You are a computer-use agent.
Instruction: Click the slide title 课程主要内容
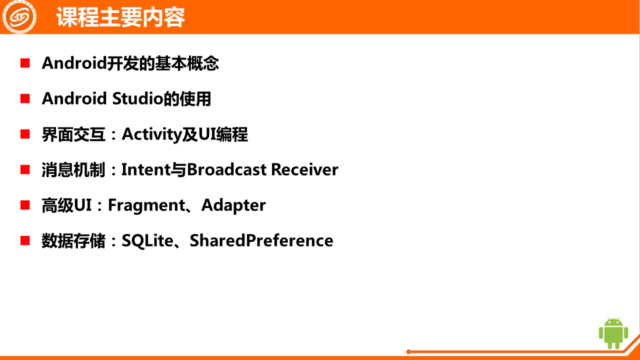point(120,17)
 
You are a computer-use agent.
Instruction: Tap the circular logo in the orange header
point(19,17)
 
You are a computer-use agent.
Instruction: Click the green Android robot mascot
point(613,333)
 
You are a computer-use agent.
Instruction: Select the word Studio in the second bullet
point(137,98)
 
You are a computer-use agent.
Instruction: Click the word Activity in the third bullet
point(151,134)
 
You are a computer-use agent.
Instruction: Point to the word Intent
point(146,169)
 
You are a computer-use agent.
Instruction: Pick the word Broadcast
point(227,169)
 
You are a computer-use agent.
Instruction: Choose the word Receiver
point(304,169)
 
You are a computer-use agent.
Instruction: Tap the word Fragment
point(146,205)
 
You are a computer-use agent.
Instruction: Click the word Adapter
point(233,205)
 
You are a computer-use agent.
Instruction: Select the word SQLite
point(147,241)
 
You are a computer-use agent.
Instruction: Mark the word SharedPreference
point(261,240)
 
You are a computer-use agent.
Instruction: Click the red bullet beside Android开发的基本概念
point(25,63)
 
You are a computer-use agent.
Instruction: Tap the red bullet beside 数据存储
point(25,240)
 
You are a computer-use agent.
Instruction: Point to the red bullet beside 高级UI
point(25,205)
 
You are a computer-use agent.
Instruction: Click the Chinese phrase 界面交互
point(73,134)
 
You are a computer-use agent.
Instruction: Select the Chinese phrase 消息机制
point(73,169)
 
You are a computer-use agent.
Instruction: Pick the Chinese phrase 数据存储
point(73,241)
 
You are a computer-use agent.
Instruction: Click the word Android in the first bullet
point(74,63)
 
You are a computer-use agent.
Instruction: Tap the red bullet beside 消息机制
point(25,169)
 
